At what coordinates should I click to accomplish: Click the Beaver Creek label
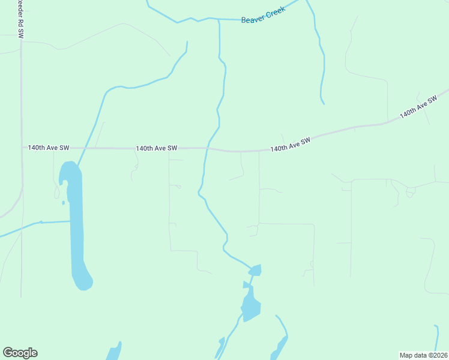(x=263, y=16)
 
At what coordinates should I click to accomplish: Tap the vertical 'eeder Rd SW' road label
(x=20, y=20)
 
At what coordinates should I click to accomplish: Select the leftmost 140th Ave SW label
(x=49, y=147)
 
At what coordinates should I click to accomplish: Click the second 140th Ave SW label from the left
(x=156, y=148)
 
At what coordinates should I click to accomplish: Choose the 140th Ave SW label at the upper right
(x=418, y=106)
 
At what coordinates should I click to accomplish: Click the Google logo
(x=20, y=353)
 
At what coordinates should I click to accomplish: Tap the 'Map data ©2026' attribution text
(x=423, y=355)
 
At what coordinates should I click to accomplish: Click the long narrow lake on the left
(x=76, y=228)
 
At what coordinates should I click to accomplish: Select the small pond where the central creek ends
(x=255, y=270)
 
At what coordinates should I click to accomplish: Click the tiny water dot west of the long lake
(x=63, y=202)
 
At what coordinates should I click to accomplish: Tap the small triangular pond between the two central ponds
(x=246, y=284)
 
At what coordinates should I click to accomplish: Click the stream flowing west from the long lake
(x=36, y=224)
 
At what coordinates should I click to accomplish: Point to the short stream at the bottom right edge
(x=436, y=339)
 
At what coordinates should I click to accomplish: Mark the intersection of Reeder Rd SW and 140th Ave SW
(x=22, y=147)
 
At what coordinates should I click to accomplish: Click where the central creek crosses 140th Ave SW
(x=207, y=148)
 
